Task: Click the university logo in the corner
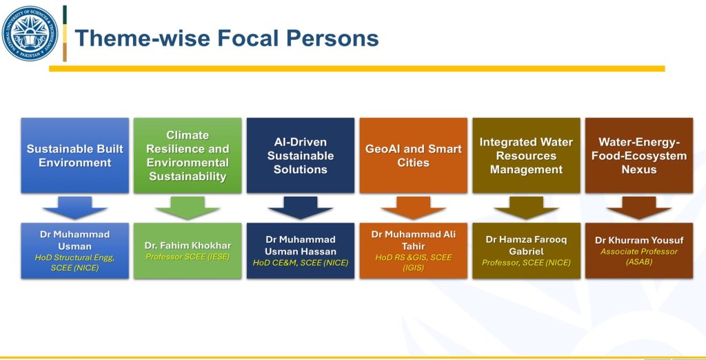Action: coord(30,34)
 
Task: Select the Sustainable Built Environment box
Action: coord(74,155)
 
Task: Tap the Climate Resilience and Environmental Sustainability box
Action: coord(188,155)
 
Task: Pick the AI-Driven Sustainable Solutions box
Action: coord(301,155)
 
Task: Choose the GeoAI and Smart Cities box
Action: coord(414,155)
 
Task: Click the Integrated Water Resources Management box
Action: coord(526,155)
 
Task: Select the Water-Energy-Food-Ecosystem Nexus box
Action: coord(639,155)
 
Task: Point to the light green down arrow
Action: coord(188,208)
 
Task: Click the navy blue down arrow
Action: coord(301,208)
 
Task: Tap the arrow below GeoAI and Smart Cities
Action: coord(414,208)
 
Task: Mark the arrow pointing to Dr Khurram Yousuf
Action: coord(639,208)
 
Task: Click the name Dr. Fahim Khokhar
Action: coord(188,246)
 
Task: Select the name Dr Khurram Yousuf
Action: coord(639,240)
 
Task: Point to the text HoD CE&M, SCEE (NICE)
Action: coord(301,262)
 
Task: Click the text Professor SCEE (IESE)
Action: coord(188,257)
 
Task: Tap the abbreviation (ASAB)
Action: coord(639,262)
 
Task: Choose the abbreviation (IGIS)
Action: coord(414,268)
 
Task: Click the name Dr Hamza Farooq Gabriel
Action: coord(526,245)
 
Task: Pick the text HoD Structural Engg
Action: coord(74,258)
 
